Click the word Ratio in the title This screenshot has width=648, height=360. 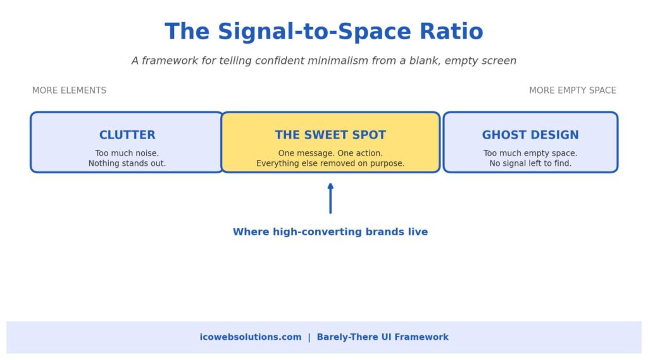pos(451,32)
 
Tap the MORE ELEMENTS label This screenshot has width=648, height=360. pos(70,90)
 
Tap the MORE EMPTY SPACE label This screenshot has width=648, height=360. pos(572,90)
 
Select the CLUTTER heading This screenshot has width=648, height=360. pos(127,135)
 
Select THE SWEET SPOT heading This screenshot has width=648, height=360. pos(330,135)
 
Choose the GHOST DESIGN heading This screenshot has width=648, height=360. pos(530,135)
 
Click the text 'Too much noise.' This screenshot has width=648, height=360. pos(127,153)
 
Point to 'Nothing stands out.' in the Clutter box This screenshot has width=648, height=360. pos(127,164)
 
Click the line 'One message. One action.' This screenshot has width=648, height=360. pos(330,153)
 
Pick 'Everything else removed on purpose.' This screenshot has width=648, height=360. pos(330,164)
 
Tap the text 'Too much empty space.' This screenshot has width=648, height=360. pos(530,153)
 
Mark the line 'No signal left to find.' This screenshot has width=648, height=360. pos(530,164)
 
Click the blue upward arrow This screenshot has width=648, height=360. pos(330,199)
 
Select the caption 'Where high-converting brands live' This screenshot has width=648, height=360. pos(330,232)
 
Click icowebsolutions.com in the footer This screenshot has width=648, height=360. pos(251,337)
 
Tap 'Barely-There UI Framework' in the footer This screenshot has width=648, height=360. pos(383,337)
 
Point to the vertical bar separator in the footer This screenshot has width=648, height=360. pos(309,337)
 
